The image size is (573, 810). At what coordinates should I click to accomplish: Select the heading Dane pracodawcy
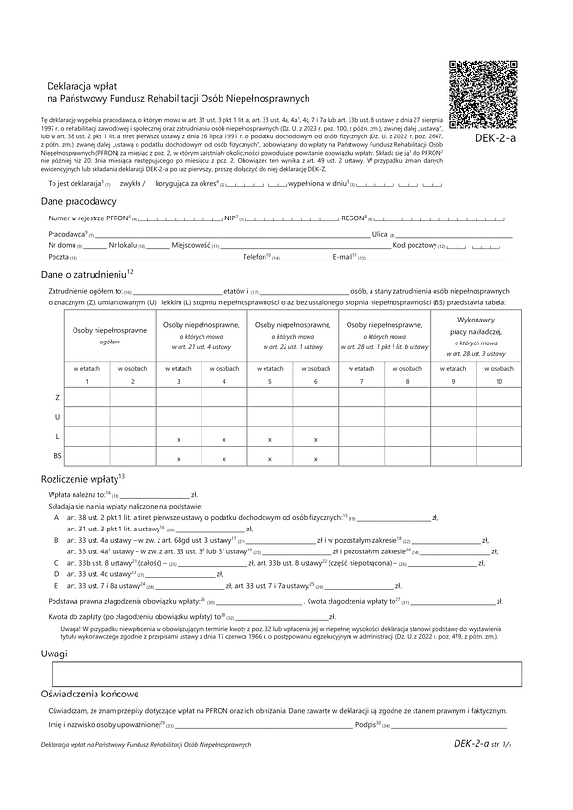pos(78,202)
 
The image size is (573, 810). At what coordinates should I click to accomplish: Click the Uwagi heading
pos(53,654)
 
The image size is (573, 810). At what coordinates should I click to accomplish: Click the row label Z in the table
pos(58,397)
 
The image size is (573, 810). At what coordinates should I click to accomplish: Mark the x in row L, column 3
pos(179,438)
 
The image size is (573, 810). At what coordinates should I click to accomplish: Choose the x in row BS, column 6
pos(316,459)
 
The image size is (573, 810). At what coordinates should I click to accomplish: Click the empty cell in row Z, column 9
pos(454,397)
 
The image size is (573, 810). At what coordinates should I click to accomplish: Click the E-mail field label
pos(344,258)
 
